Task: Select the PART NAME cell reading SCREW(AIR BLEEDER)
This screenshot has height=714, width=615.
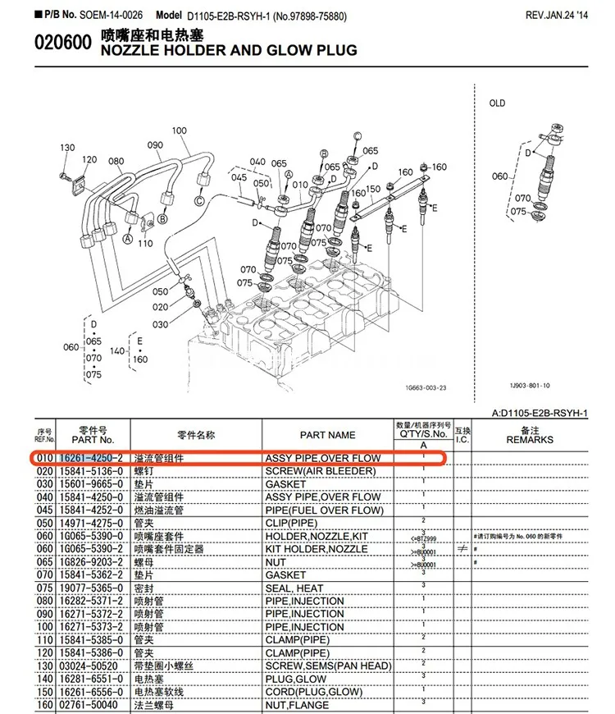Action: click(x=320, y=471)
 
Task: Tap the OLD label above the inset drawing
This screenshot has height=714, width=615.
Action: click(x=497, y=103)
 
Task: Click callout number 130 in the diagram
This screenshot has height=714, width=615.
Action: click(x=67, y=148)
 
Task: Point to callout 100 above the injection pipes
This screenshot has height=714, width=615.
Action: click(x=180, y=130)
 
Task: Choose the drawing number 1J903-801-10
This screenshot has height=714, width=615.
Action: click(x=531, y=385)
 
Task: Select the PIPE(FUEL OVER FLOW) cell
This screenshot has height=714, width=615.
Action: click(x=323, y=510)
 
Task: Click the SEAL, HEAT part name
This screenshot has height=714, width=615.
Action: click(x=294, y=588)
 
